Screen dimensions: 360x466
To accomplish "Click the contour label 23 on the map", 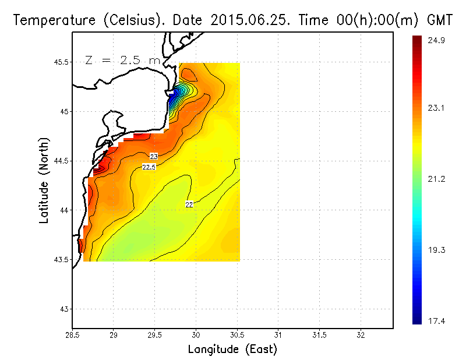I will pyautogui.click(x=154, y=157).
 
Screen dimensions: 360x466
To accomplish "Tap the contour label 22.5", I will pyautogui.click(x=149, y=167).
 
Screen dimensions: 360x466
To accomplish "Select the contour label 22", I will pyautogui.click(x=189, y=204).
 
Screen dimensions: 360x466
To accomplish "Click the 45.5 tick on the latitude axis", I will pyautogui.click(x=60, y=62).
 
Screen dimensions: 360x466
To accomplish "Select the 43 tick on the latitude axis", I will pyautogui.click(x=63, y=309).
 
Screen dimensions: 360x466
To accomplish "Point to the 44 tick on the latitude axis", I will pyautogui.click(x=63, y=210).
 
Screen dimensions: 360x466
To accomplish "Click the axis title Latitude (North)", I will pyautogui.click(x=44, y=180).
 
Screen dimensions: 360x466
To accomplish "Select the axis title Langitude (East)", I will pyautogui.click(x=232, y=350).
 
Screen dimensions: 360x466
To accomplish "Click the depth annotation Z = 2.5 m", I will pyautogui.click(x=122, y=60).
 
